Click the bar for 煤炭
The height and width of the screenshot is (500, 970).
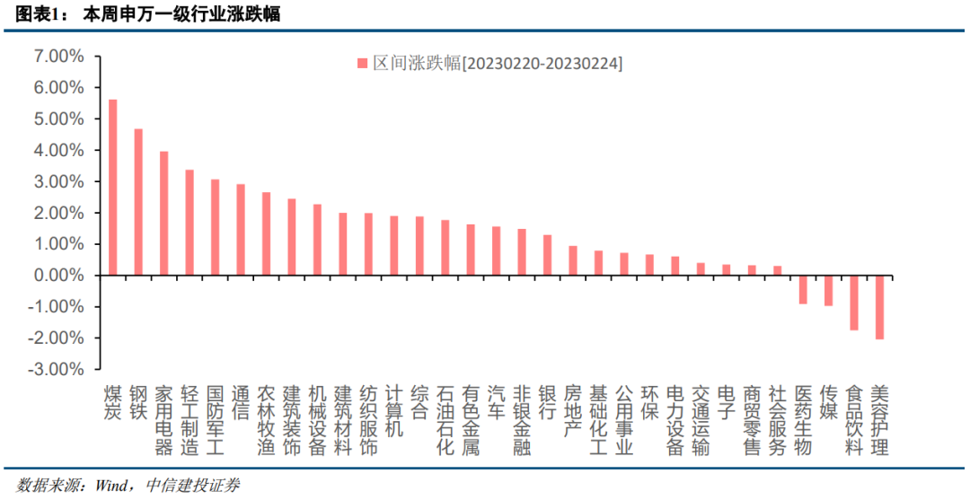[x=112, y=187]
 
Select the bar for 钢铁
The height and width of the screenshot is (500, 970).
[x=138, y=202]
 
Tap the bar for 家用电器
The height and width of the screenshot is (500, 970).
[x=163, y=213]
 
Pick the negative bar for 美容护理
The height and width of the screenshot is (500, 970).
[x=879, y=307]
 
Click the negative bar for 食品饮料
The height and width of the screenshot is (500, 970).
[x=854, y=303]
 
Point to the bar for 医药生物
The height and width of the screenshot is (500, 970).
[x=803, y=289]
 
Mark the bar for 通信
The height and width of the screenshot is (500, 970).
[x=241, y=230]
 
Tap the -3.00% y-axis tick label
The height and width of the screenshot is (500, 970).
[x=57, y=369]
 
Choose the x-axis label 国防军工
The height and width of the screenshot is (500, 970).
[x=215, y=420]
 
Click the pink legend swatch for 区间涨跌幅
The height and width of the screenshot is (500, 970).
[x=363, y=63]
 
